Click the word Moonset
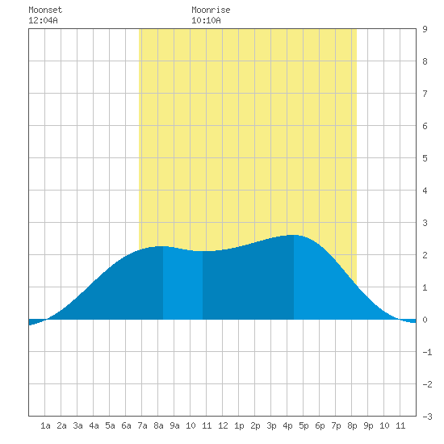(45, 10)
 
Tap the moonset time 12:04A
(43, 20)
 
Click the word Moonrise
(211, 10)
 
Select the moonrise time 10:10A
(206, 20)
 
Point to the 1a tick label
(45, 425)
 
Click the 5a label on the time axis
(110, 425)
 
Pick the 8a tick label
(158, 425)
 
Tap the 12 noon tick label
(223, 425)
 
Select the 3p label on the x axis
(271, 425)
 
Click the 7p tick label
(336, 425)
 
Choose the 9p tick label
(368, 425)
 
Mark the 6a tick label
(126, 425)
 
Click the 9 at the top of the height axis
(425, 29)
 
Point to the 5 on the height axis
(425, 158)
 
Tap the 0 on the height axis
(425, 320)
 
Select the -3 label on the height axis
(427, 417)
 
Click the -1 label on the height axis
(427, 352)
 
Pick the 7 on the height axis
(425, 94)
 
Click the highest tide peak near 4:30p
(294, 235)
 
